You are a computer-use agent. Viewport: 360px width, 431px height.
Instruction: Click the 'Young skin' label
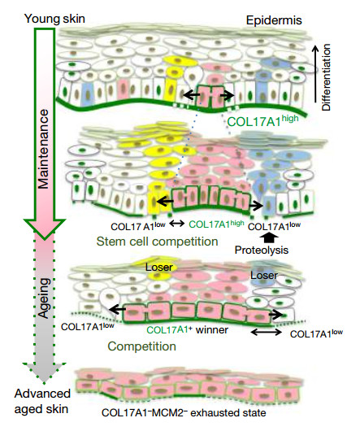pos(54,19)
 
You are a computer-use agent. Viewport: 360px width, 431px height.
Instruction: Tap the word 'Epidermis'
pos(274,20)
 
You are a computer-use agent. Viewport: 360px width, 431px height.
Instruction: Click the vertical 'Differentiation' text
pos(326,78)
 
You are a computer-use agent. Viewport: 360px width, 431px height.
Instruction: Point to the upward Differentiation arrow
pos(316,74)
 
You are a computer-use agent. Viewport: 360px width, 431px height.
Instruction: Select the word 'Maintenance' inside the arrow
pos(43,149)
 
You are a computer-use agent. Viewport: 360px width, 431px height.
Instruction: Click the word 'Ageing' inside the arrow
pos(44,298)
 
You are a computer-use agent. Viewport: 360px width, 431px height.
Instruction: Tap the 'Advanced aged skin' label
pos(42,401)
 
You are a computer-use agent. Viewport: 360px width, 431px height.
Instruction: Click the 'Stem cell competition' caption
pos(157,242)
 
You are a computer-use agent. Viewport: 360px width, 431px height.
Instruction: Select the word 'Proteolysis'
pos(262,250)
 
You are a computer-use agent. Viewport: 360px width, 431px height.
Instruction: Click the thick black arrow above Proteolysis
pos(269,237)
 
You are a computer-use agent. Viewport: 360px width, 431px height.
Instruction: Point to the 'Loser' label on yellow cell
pos(159,267)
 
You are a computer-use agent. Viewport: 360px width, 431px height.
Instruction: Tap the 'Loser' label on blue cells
pos(264,275)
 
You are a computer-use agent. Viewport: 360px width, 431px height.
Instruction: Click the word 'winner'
pos(212,329)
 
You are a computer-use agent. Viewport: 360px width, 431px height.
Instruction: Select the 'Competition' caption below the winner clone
pos(141,346)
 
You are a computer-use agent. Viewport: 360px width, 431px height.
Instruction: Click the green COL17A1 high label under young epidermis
pos(263,121)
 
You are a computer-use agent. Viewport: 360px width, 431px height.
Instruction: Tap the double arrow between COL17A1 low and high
pos(177,223)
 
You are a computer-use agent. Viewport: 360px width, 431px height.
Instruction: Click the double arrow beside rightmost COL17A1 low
pos(266,332)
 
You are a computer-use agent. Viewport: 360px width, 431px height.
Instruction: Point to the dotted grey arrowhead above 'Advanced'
pos(44,372)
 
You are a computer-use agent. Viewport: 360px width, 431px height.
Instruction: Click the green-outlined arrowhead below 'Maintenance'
pos(45,229)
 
